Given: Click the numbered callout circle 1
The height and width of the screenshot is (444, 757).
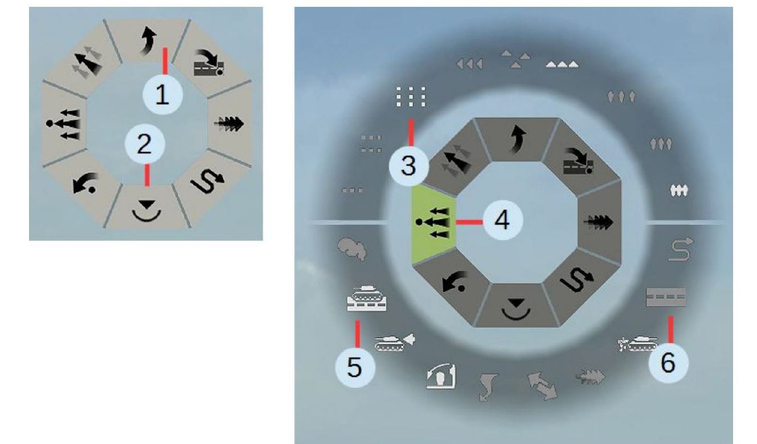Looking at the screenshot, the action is pos(162,94).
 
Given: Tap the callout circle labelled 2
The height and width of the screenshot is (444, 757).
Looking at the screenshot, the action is pos(145,144).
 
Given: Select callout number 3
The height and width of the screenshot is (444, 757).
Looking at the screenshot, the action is pos(409,166).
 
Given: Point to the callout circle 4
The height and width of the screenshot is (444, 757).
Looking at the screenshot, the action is pos(503,220).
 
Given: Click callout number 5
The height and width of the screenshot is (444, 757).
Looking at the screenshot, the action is pos(355,367).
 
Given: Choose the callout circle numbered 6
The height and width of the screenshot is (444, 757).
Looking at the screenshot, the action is pos(669,363).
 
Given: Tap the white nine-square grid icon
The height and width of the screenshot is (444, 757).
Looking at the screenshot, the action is pos(411,97).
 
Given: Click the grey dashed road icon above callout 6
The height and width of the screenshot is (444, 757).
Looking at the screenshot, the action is pos(666,297).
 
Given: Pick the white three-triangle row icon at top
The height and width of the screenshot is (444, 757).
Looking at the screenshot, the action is pos(562,64).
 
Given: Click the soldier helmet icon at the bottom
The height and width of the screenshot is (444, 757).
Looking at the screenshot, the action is pos(441,376).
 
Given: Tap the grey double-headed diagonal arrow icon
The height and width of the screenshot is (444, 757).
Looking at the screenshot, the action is pos(542,385).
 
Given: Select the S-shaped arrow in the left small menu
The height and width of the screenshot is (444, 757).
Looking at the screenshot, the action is pos(207,182).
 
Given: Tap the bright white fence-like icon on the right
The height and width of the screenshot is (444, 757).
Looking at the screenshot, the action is pos(678,191).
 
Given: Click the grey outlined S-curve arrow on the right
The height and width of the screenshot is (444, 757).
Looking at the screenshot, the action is pos(681,249).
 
